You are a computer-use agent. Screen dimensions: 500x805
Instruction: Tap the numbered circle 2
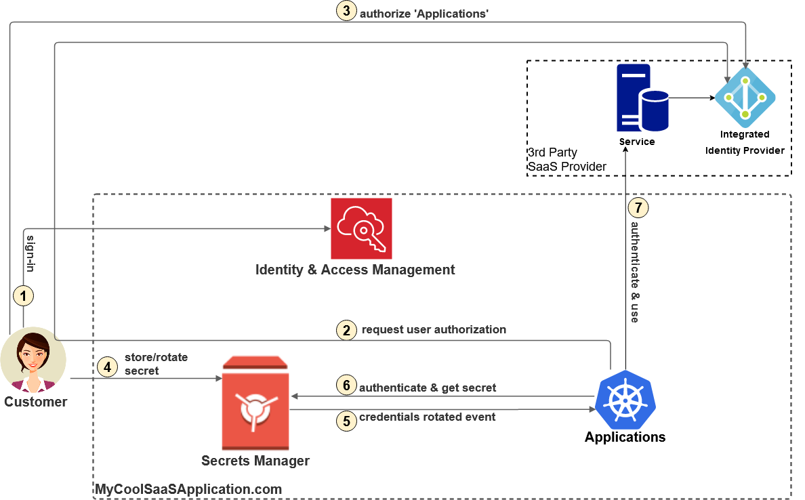(346, 331)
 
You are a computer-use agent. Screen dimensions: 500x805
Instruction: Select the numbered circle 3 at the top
(346, 12)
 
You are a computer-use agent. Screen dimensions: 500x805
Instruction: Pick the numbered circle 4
(107, 367)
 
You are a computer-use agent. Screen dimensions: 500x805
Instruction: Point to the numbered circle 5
(346, 421)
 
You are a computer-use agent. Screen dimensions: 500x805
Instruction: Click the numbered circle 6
(346, 386)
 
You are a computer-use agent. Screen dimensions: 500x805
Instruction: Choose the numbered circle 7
(638, 207)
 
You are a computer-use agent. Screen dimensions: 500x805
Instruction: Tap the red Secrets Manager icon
(255, 402)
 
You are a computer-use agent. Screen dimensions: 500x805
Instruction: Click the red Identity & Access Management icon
(361, 228)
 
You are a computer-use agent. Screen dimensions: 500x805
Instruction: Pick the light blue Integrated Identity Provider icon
(745, 97)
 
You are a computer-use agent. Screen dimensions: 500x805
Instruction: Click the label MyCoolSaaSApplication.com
(188, 489)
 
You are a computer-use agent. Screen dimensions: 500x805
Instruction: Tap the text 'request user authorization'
(434, 330)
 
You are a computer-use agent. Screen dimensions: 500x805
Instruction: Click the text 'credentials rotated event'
(427, 417)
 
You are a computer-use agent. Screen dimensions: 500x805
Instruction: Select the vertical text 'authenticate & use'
(635, 272)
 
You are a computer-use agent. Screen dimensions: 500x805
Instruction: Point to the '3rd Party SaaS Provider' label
(566, 160)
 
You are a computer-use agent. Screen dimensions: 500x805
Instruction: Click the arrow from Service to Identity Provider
(691, 98)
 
